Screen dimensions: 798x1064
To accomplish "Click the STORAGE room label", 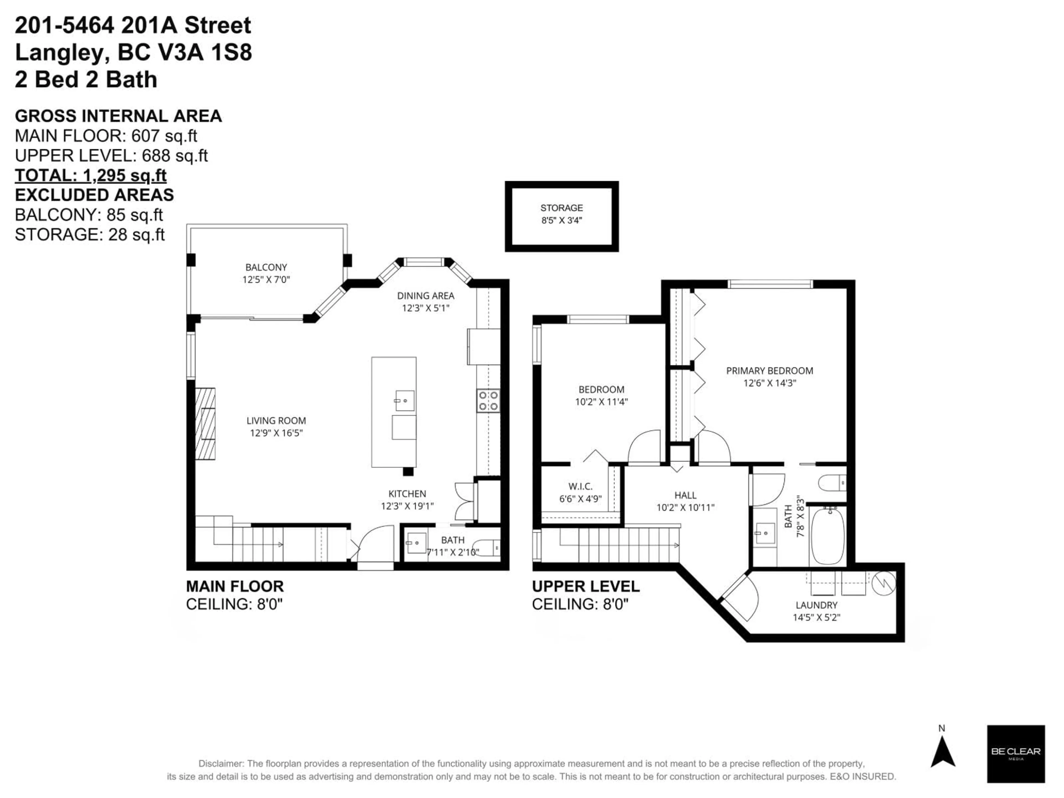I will [561, 208].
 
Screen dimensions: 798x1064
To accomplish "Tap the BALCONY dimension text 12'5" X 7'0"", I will [266, 280].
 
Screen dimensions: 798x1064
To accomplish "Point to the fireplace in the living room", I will [205, 423].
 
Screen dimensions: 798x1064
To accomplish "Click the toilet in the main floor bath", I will [490, 548].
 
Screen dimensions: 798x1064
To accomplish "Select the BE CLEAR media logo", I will [1016, 753].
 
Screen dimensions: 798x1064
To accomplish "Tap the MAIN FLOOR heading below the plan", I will [235, 586].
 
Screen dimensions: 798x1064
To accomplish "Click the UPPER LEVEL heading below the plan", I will [585, 586].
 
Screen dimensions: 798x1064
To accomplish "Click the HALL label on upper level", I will [685, 495].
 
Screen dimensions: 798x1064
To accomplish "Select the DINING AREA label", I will [425, 296].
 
